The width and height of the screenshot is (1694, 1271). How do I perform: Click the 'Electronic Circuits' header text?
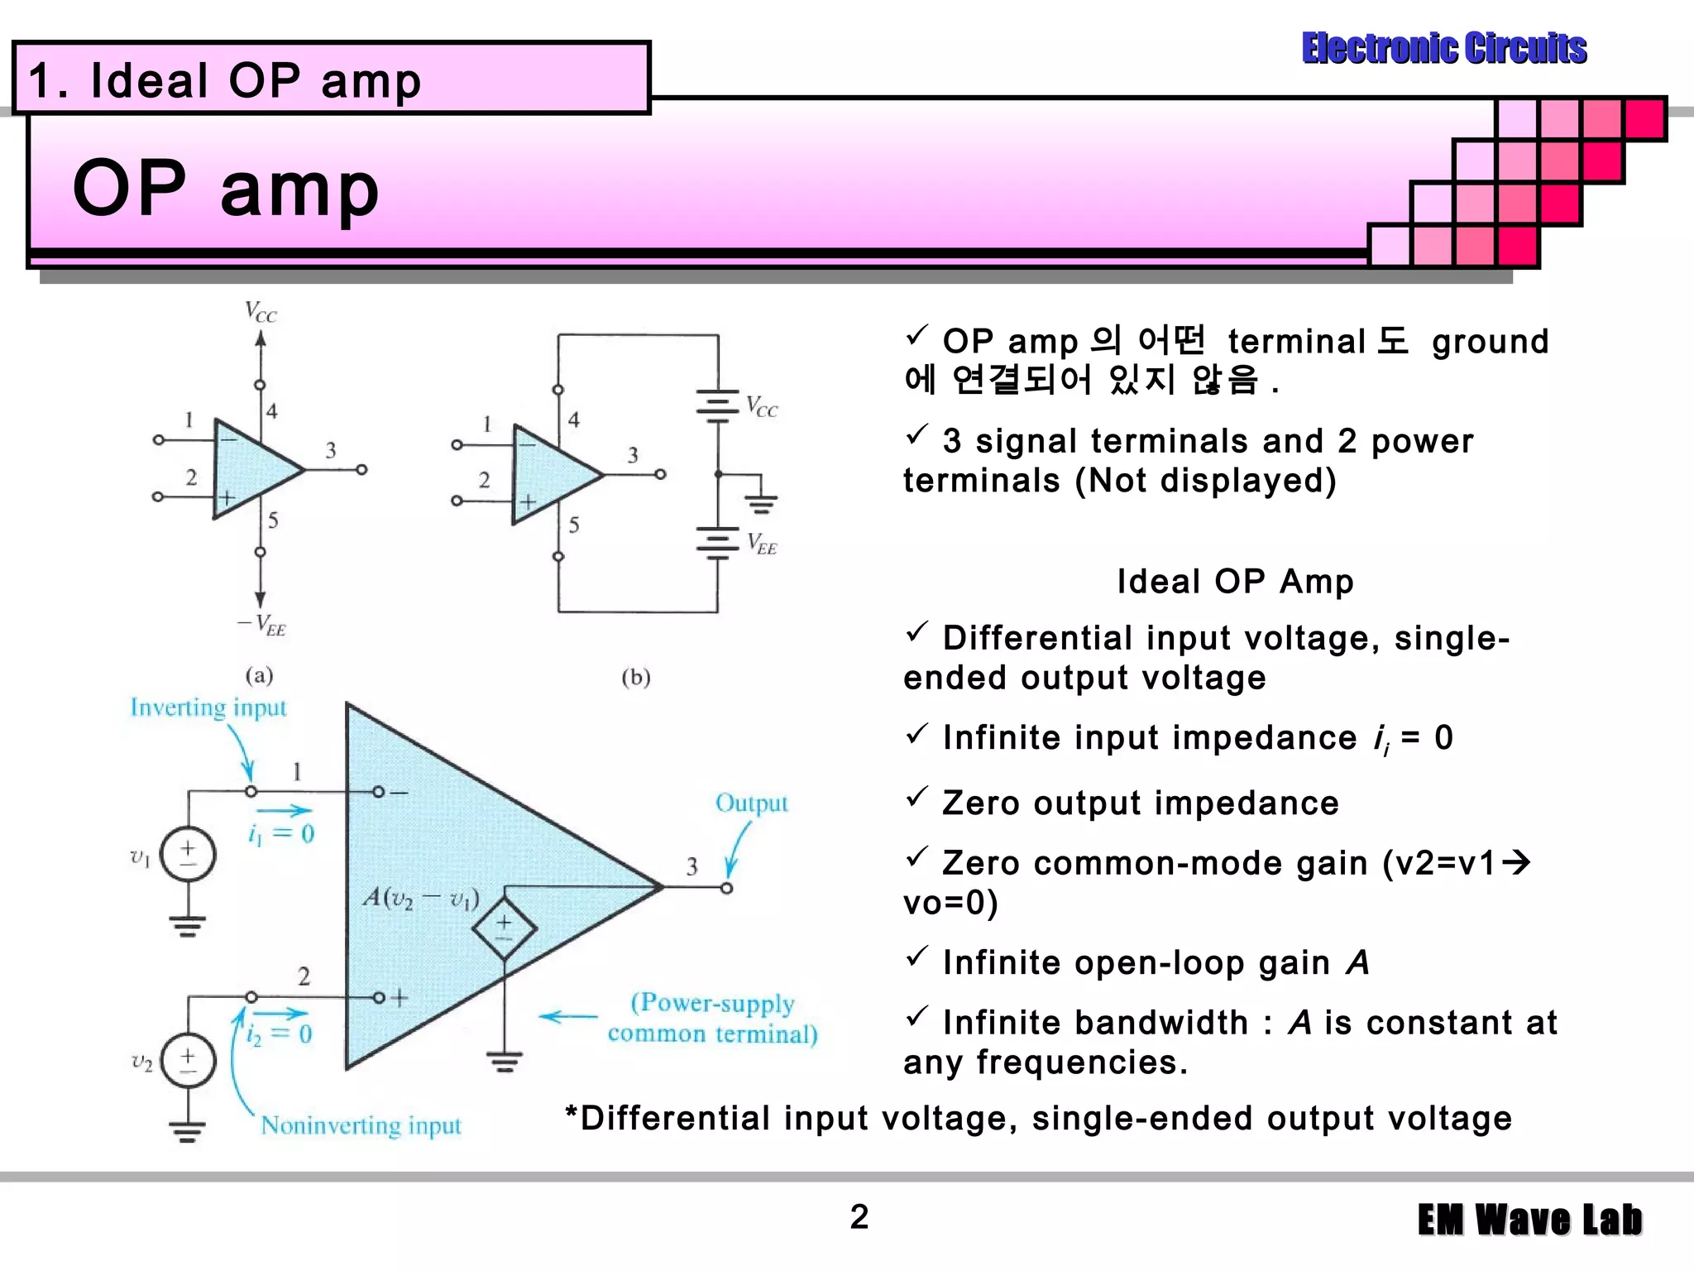(x=1443, y=48)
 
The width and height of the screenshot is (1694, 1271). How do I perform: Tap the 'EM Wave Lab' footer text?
(x=1529, y=1220)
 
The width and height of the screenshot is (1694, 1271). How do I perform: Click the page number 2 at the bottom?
(x=859, y=1216)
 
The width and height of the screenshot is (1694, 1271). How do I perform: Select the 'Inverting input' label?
(x=208, y=707)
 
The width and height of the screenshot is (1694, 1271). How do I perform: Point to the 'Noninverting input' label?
(x=361, y=1125)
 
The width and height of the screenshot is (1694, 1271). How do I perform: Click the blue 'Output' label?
(x=751, y=803)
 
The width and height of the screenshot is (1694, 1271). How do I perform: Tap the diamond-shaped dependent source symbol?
(x=504, y=928)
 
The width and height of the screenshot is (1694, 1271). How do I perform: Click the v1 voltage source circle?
(x=188, y=854)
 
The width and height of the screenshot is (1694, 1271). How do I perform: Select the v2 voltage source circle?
(x=188, y=1060)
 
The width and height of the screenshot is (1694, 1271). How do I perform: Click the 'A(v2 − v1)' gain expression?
(x=421, y=897)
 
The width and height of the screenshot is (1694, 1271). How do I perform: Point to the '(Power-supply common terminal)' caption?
(x=712, y=1018)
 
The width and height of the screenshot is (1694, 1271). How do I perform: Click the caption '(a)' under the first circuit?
(x=259, y=675)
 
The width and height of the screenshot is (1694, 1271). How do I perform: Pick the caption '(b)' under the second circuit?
(x=635, y=678)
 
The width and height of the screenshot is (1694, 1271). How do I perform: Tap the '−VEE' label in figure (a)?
(x=262, y=624)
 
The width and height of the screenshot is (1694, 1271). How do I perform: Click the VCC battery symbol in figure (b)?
(x=717, y=405)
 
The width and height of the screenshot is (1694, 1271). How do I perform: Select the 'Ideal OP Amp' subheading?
(x=1235, y=582)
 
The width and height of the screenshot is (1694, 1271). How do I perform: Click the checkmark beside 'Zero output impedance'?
(x=916, y=798)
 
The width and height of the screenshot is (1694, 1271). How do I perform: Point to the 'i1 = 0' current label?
(x=281, y=832)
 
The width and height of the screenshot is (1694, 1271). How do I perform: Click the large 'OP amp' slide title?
(x=226, y=189)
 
